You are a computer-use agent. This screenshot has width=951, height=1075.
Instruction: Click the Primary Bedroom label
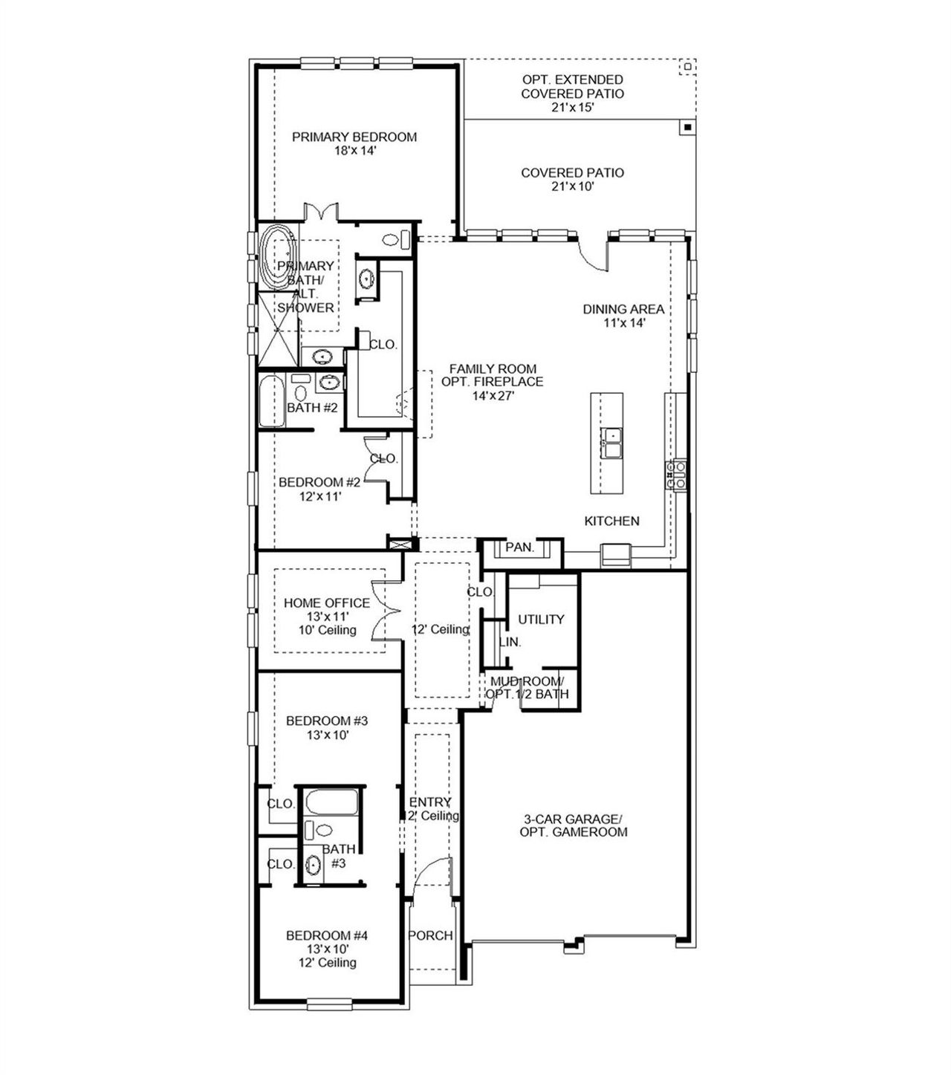pos(354,137)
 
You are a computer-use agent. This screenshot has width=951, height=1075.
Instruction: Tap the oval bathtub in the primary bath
pos(276,258)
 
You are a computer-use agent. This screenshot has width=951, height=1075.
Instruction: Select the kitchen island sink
pos(612,443)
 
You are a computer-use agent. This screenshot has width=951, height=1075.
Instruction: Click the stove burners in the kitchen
pos(676,474)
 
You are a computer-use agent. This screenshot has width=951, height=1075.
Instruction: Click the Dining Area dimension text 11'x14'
pos(623,323)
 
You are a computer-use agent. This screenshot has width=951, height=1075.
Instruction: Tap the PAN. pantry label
pos(519,548)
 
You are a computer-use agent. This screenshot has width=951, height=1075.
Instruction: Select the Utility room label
pos(541,619)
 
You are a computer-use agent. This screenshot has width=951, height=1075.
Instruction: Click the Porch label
pos(431,935)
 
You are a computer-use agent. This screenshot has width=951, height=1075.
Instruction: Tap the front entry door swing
pos(432,877)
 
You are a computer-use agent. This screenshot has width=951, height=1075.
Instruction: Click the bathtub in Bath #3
pos(332,803)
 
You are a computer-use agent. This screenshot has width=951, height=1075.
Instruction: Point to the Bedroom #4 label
pos(327,935)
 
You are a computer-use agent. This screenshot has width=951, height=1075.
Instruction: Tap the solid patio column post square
pos(688,127)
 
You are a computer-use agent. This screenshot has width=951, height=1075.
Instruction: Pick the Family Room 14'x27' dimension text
pos(493,396)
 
